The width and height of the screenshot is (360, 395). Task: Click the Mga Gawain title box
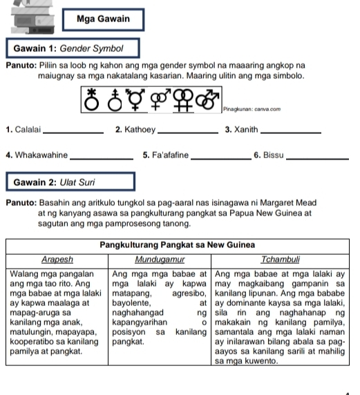(x=104, y=19)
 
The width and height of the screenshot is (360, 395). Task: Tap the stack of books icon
(x=32, y=17)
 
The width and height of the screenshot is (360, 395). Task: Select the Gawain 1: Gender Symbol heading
(x=73, y=48)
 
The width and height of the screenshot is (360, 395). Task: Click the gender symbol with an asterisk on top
(x=91, y=99)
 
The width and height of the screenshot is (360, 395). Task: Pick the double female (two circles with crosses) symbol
(x=183, y=100)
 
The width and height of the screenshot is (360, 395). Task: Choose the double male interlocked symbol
(x=207, y=99)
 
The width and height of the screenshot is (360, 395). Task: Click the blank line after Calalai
(x=73, y=133)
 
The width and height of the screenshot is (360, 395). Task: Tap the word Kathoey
(x=140, y=130)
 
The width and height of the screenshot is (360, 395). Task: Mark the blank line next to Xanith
(x=291, y=133)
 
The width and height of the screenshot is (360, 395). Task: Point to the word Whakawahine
(x=41, y=155)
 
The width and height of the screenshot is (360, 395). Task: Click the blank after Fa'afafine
(x=221, y=158)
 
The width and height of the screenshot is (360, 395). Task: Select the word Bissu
(x=273, y=155)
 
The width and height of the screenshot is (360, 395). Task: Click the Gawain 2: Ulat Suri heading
(x=70, y=182)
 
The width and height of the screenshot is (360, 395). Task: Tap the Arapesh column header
(x=57, y=260)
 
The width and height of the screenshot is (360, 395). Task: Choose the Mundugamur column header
(x=160, y=260)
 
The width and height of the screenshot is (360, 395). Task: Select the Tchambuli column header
(x=281, y=260)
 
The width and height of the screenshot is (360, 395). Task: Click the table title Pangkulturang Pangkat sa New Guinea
(x=177, y=245)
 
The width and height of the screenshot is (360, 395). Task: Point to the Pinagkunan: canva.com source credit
(x=252, y=109)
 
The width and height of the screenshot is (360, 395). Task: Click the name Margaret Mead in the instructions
(x=288, y=203)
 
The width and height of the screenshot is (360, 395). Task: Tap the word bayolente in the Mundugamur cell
(x=131, y=303)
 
